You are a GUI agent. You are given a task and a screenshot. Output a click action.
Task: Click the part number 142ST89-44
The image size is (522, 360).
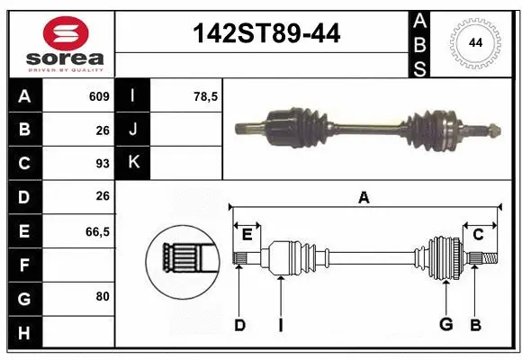(267, 34)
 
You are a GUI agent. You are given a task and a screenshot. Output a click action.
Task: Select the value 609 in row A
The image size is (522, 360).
(99, 96)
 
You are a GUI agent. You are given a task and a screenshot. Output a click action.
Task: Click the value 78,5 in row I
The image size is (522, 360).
(206, 96)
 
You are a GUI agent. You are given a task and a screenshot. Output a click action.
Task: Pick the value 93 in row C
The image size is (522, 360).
(102, 164)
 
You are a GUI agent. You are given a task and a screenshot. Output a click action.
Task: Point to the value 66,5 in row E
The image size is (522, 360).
(97, 231)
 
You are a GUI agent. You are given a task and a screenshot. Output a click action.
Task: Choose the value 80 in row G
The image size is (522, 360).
(102, 297)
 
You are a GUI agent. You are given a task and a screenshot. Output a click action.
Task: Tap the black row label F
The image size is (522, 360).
(23, 265)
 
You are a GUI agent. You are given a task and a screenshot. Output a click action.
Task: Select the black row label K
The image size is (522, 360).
(133, 163)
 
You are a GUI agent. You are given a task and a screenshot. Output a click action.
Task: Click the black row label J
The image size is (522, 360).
(133, 130)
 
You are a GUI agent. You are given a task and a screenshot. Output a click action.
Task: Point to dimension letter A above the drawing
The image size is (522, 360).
(364, 197)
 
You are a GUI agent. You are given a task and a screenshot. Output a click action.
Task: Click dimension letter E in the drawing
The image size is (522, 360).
(247, 235)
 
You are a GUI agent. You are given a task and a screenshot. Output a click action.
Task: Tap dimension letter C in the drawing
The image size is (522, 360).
(478, 235)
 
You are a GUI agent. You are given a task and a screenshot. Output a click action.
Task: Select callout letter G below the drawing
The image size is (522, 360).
(445, 325)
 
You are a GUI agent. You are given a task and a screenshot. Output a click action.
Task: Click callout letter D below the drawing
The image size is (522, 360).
(239, 325)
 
